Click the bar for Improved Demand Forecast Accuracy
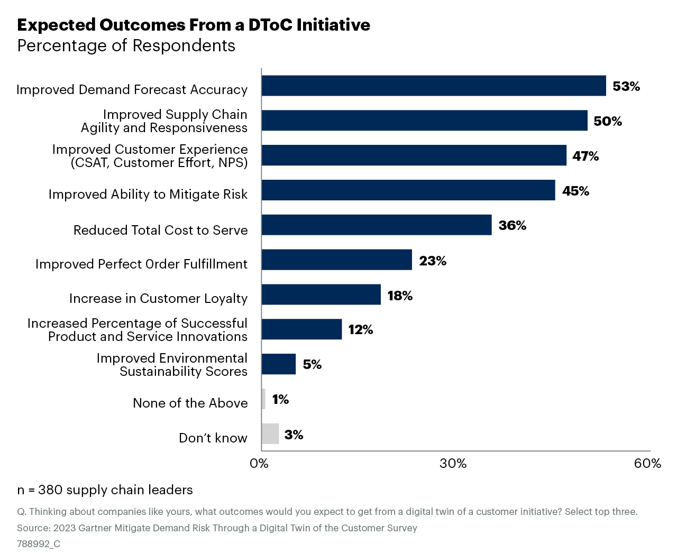point(434,86)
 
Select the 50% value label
point(607,121)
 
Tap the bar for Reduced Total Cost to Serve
point(377,225)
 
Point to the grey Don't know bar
point(270,434)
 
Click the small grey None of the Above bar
point(263,399)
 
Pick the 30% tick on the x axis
point(453,464)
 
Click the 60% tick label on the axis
point(647,464)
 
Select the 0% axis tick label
point(259,464)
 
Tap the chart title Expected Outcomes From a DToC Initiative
point(194,25)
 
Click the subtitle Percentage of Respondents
point(126,46)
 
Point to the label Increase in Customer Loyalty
point(158,299)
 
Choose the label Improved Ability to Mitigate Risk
point(148,195)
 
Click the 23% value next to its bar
point(433,261)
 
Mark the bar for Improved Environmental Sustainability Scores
point(279,364)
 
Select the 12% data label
point(360,330)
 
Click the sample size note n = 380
point(105,490)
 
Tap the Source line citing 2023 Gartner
point(217,528)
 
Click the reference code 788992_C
point(39,544)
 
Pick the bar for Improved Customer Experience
point(414,155)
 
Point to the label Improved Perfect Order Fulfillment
point(141,264)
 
